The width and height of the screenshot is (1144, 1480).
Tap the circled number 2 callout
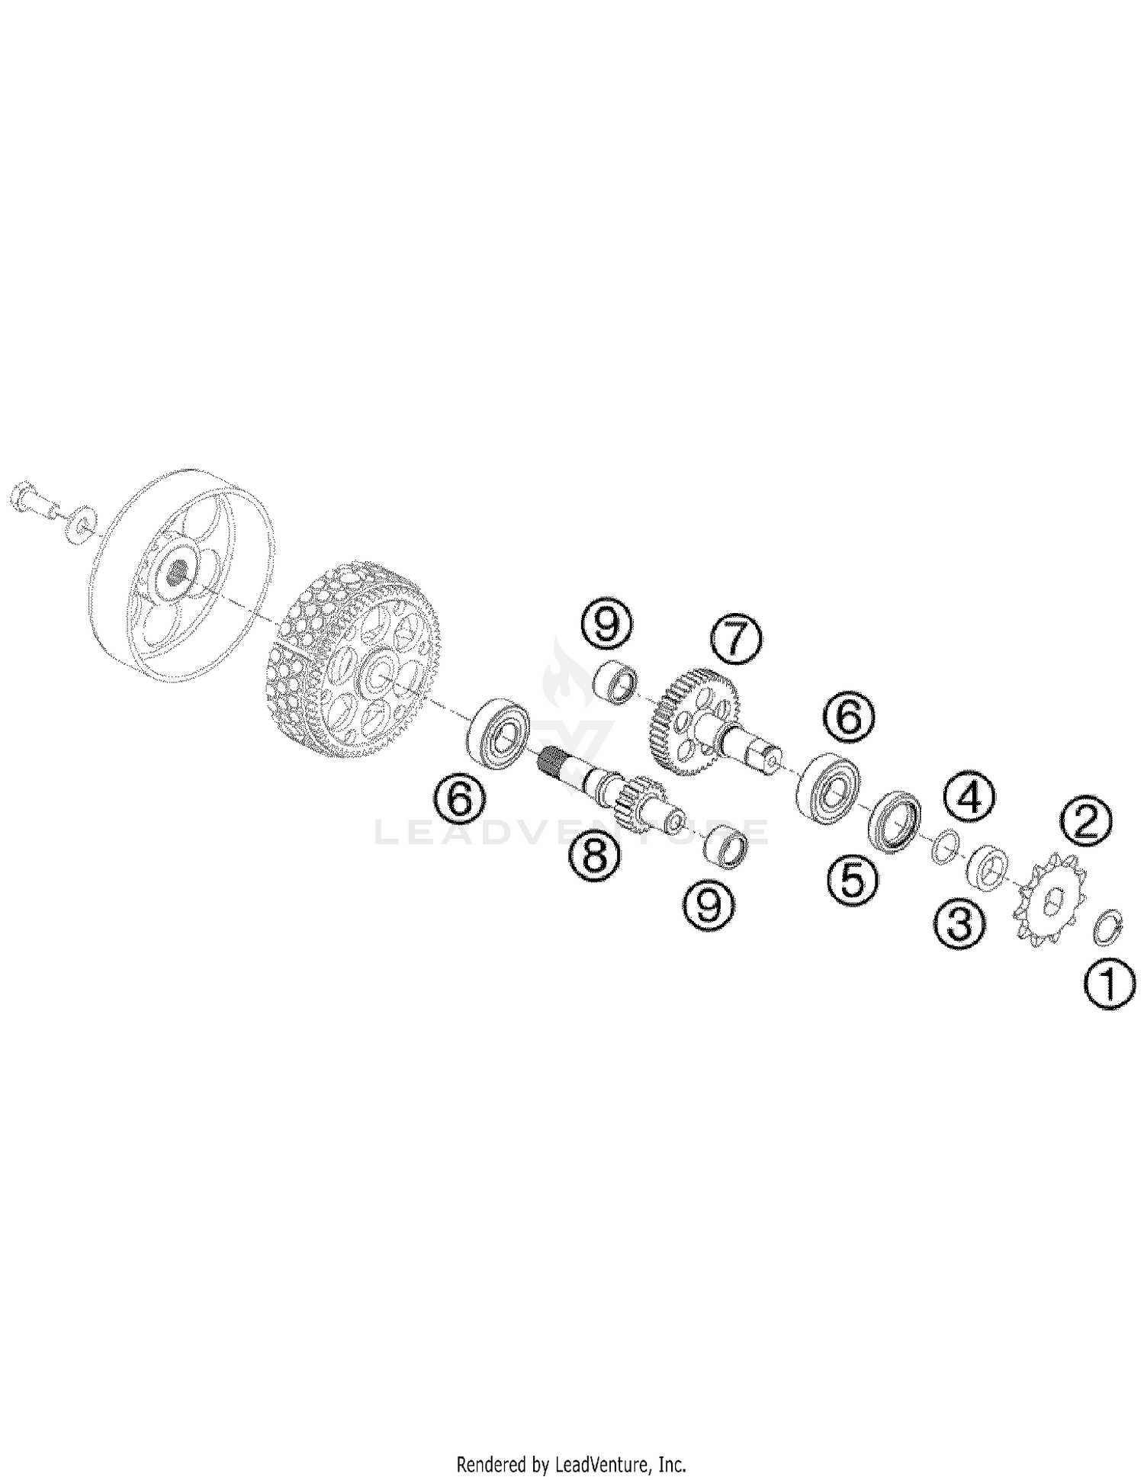click(1085, 822)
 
